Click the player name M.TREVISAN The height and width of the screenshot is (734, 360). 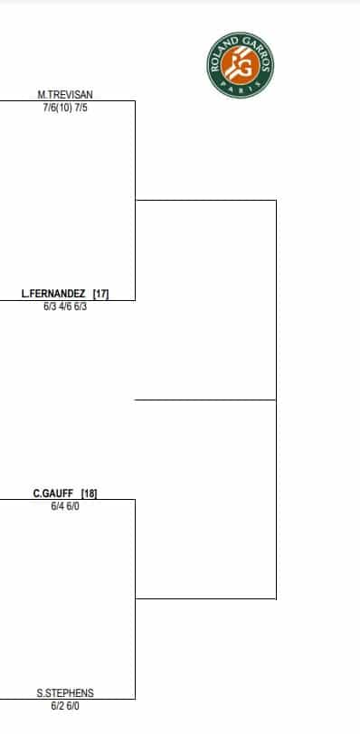[65, 94]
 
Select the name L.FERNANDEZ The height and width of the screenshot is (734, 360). [53, 294]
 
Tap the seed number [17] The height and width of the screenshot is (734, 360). [100, 294]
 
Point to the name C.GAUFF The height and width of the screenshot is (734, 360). [52, 494]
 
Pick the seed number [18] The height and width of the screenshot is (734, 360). [89, 494]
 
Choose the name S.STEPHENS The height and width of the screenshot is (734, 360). [65, 693]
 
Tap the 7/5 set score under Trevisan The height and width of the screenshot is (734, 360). [81, 107]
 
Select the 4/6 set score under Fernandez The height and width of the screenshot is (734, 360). [65, 306]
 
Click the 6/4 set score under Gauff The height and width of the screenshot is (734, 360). [57, 506]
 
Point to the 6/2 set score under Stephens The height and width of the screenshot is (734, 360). [57, 706]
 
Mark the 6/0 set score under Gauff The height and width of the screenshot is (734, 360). [73, 506]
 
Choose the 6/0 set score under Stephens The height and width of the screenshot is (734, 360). [73, 706]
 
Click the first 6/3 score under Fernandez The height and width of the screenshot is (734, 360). [50, 306]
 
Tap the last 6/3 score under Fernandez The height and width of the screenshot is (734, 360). [81, 306]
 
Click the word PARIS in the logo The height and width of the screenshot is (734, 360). [241, 87]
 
